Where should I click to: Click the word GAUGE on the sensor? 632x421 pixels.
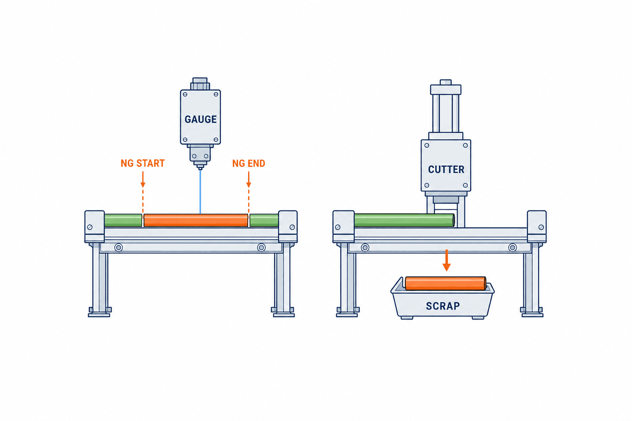coord(201,119)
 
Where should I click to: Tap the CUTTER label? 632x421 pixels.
coord(446,169)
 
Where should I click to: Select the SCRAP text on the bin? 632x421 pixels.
coord(443,306)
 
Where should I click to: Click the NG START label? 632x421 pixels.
coord(142,163)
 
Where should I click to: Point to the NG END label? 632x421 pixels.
coord(249,163)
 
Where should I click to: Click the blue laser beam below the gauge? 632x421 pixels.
coord(200,192)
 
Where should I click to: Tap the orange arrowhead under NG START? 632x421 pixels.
coord(143,185)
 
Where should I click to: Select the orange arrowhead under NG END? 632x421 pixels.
coord(249,185)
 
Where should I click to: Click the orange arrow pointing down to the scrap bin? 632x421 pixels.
coord(446,260)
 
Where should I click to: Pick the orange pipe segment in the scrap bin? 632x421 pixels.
coord(446,283)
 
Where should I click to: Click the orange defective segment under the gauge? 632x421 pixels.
coord(196,220)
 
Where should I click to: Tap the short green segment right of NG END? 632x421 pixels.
coord(264,220)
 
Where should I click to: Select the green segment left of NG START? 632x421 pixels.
coord(123,220)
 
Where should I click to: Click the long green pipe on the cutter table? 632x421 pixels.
coord(404,220)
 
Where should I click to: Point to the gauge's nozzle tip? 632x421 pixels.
coord(200,168)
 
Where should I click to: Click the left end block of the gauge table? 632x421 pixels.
coord(95,227)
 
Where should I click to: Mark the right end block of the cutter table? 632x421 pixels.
coord(537,227)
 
